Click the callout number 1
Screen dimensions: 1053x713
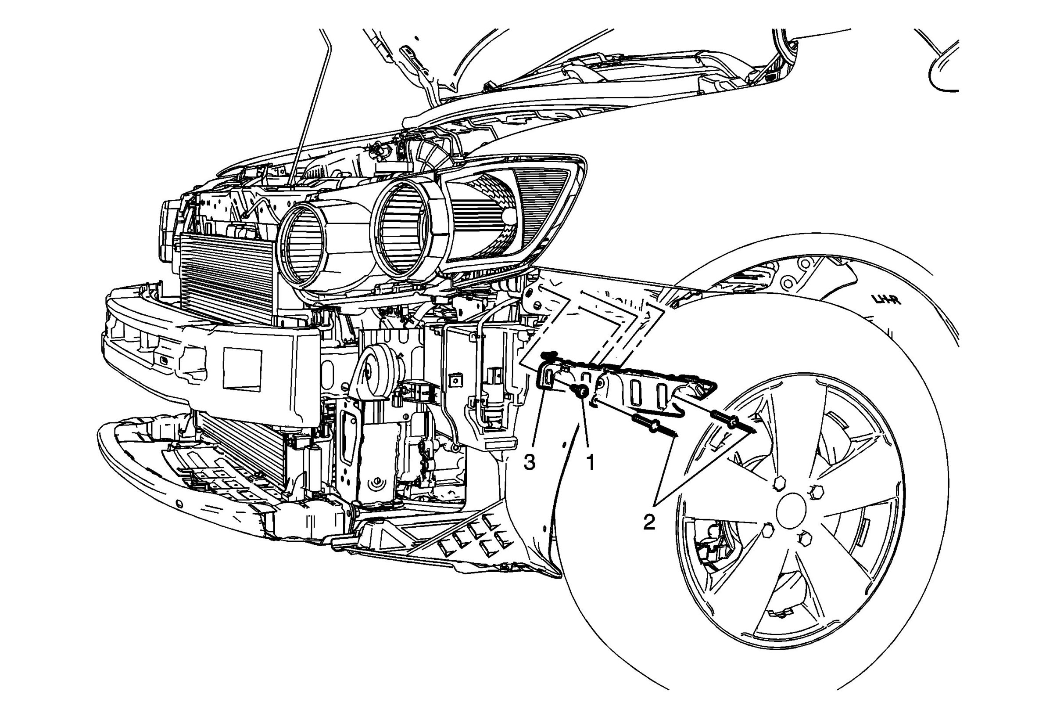(x=590, y=463)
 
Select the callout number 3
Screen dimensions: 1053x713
(x=530, y=463)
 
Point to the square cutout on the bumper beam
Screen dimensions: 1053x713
(x=242, y=369)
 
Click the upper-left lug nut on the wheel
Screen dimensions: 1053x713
(x=779, y=484)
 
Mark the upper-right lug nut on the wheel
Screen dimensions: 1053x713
(x=818, y=491)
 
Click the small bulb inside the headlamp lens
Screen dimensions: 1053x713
(x=510, y=216)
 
